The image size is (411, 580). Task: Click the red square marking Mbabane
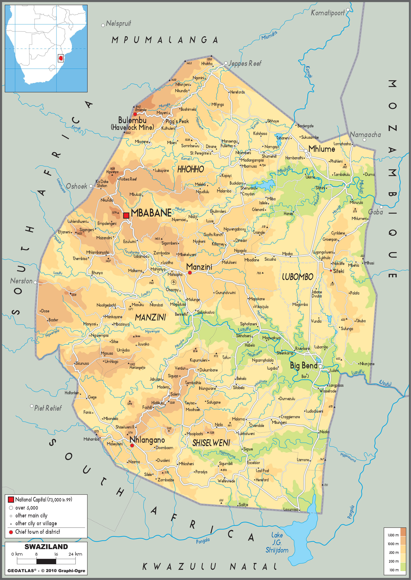[126, 215]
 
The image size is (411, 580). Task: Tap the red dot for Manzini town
[190, 273]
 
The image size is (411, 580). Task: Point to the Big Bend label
[303, 365]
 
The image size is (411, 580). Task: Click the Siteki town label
[338, 271]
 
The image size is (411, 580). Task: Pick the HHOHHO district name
[190, 169]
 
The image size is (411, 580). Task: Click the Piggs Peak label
[177, 121]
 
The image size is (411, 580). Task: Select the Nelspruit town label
[118, 23]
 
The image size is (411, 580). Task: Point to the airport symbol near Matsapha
[173, 282]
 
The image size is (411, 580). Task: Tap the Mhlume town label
[321, 149]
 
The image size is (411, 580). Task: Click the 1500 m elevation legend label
[393, 535]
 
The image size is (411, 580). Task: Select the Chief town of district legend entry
[37, 532]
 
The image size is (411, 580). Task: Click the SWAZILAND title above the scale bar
[46, 547]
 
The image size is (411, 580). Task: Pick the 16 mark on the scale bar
[56, 554]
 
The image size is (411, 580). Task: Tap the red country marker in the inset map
[61, 58]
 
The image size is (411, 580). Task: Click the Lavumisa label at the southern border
[290, 510]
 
